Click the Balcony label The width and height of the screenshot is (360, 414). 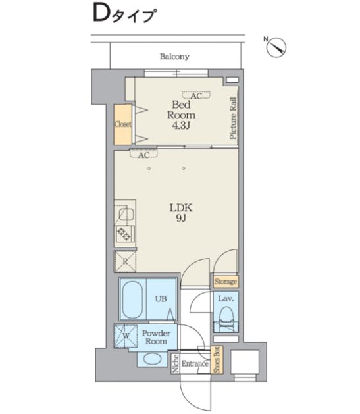(x=174, y=57)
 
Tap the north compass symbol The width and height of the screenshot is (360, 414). (x=276, y=47)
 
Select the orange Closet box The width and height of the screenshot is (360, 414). (x=122, y=124)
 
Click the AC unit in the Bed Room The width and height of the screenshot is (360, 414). (x=196, y=95)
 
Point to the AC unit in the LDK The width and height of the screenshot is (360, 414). (x=143, y=153)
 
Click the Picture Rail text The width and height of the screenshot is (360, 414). (x=233, y=118)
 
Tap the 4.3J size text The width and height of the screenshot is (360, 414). (x=181, y=126)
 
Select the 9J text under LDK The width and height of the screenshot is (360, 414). (x=180, y=219)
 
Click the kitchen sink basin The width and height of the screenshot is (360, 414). (x=126, y=214)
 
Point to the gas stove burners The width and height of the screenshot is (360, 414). (x=124, y=234)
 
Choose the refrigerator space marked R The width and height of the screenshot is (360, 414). (x=125, y=262)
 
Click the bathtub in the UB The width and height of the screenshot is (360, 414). (x=132, y=299)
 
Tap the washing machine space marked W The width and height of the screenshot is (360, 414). (x=126, y=336)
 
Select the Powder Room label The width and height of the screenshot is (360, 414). (x=156, y=337)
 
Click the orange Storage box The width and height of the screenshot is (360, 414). (x=225, y=282)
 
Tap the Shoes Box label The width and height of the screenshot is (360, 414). (x=217, y=359)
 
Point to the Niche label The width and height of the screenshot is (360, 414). (x=176, y=364)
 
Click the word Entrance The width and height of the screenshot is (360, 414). (x=195, y=364)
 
